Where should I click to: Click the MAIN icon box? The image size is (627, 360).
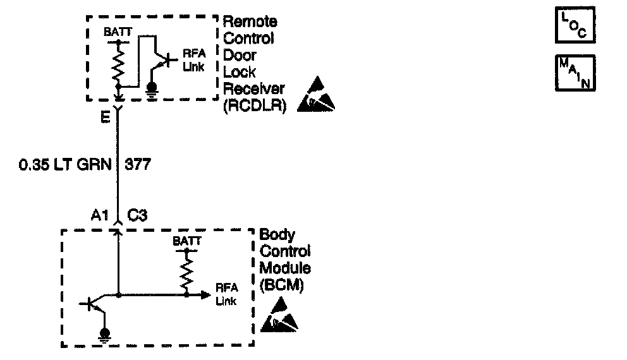(x=575, y=73)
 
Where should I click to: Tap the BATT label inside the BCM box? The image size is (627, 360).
(x=187, y=243)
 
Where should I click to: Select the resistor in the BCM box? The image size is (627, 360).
(x=187, y=274)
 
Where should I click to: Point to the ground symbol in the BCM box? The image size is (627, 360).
(x=106, y=334)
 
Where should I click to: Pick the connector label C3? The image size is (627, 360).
(x=138, y=214)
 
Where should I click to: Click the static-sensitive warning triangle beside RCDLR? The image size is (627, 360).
(x=316, y=95)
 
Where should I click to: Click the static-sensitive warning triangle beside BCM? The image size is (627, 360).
(x=279, y=316)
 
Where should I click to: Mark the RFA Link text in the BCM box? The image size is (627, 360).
(x=226, y=294)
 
